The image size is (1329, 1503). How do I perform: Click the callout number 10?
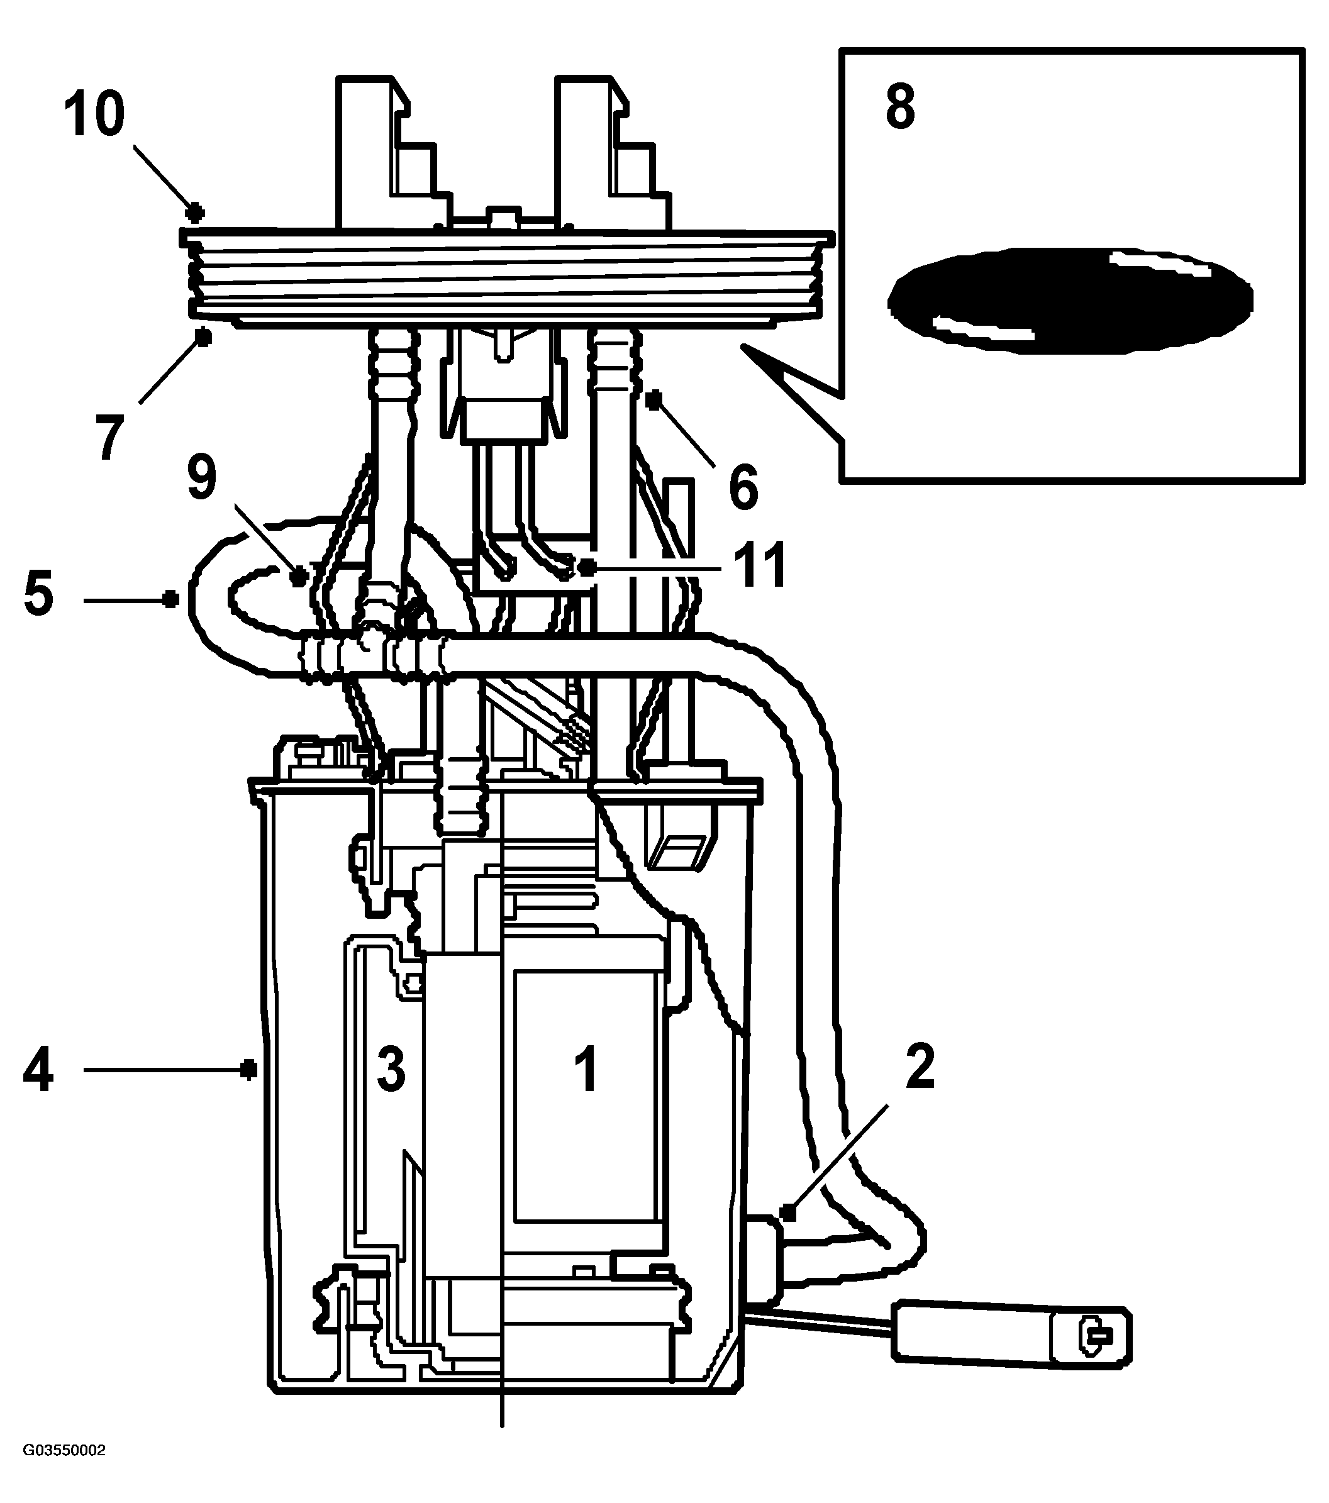[94, 116]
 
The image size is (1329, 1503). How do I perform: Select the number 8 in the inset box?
[900, 107]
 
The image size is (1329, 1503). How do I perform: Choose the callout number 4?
[38, 1070]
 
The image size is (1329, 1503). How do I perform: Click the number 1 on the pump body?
[586, 1070]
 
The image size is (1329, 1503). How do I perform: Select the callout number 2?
[920, 1065]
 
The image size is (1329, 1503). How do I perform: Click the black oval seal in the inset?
[1070, 300]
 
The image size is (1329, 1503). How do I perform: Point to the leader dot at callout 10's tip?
[194, 213]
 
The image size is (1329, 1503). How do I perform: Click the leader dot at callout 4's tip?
[249, 1069]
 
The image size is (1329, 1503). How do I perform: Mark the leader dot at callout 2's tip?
[789, 1212]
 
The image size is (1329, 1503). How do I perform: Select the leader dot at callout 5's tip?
[170, 599]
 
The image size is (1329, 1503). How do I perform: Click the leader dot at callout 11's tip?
[587, 567]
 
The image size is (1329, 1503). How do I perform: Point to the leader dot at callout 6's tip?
[653, 399]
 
